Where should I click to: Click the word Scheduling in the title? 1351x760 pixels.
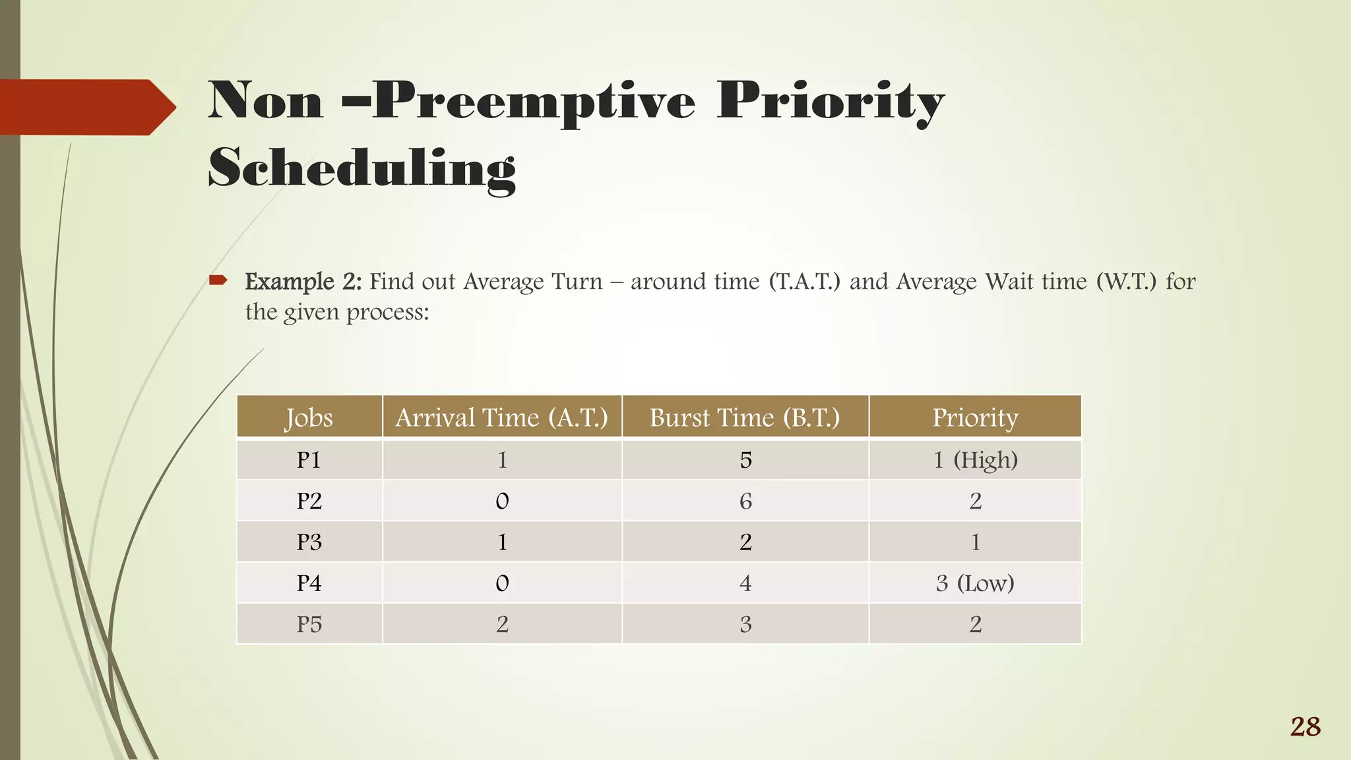(x=361, y=169)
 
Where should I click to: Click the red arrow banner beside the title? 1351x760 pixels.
(x=86, y=108)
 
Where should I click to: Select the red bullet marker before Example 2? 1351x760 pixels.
(x=218, y=281)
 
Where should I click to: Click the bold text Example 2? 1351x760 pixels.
(x=303, y=282)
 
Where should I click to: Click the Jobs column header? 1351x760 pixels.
(x=309, y=418)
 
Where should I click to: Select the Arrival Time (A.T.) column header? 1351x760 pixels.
(x=501, y=418)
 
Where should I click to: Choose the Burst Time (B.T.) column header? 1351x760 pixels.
(x=745, y=418)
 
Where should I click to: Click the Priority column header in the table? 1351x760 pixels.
(x=975, y=418)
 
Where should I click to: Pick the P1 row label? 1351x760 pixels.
(x=309, y=460)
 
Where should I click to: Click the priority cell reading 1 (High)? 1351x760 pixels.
(x=975, y=460)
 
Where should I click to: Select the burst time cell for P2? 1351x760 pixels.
(x=745, y=501)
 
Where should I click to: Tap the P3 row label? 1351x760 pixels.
(x=309, y=542)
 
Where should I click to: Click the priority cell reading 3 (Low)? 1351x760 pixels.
(x=975, y=583)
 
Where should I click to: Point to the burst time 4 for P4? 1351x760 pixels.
(x=745, y=583)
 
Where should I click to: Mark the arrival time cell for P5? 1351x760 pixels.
(x=502, y=624)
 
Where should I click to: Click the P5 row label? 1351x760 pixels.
(x=309, y=624)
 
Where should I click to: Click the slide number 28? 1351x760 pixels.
(x=1305, y=727)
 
